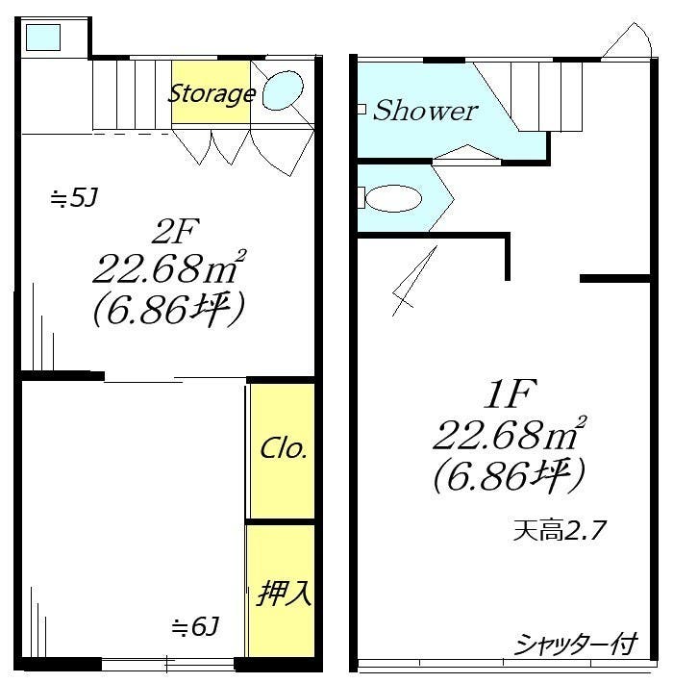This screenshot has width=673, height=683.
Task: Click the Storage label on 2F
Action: [x=212, y=93]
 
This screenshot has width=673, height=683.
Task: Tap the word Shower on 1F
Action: [x=425, y=111]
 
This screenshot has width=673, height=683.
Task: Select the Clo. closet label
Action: [x=284, y=449]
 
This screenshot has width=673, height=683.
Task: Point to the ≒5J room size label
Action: [x=74, y=199]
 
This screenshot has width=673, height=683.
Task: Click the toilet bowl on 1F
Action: [x=394, y=199]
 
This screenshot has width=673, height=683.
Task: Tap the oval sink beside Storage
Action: [x=283, y=91]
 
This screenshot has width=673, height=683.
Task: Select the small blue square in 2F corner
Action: [x=43, y=38]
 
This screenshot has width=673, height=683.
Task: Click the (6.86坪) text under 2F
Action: [x=169, y=308]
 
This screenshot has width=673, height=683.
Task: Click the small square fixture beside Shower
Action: [x=361, y=110]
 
